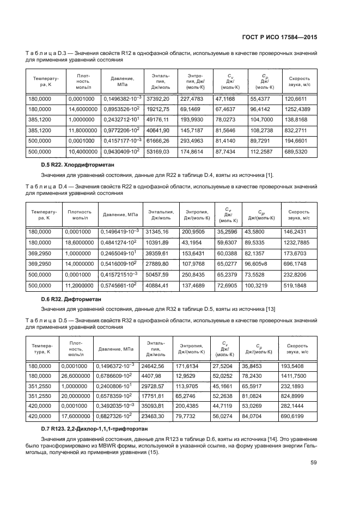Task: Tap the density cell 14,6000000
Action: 81,109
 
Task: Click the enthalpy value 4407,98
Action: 152,376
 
